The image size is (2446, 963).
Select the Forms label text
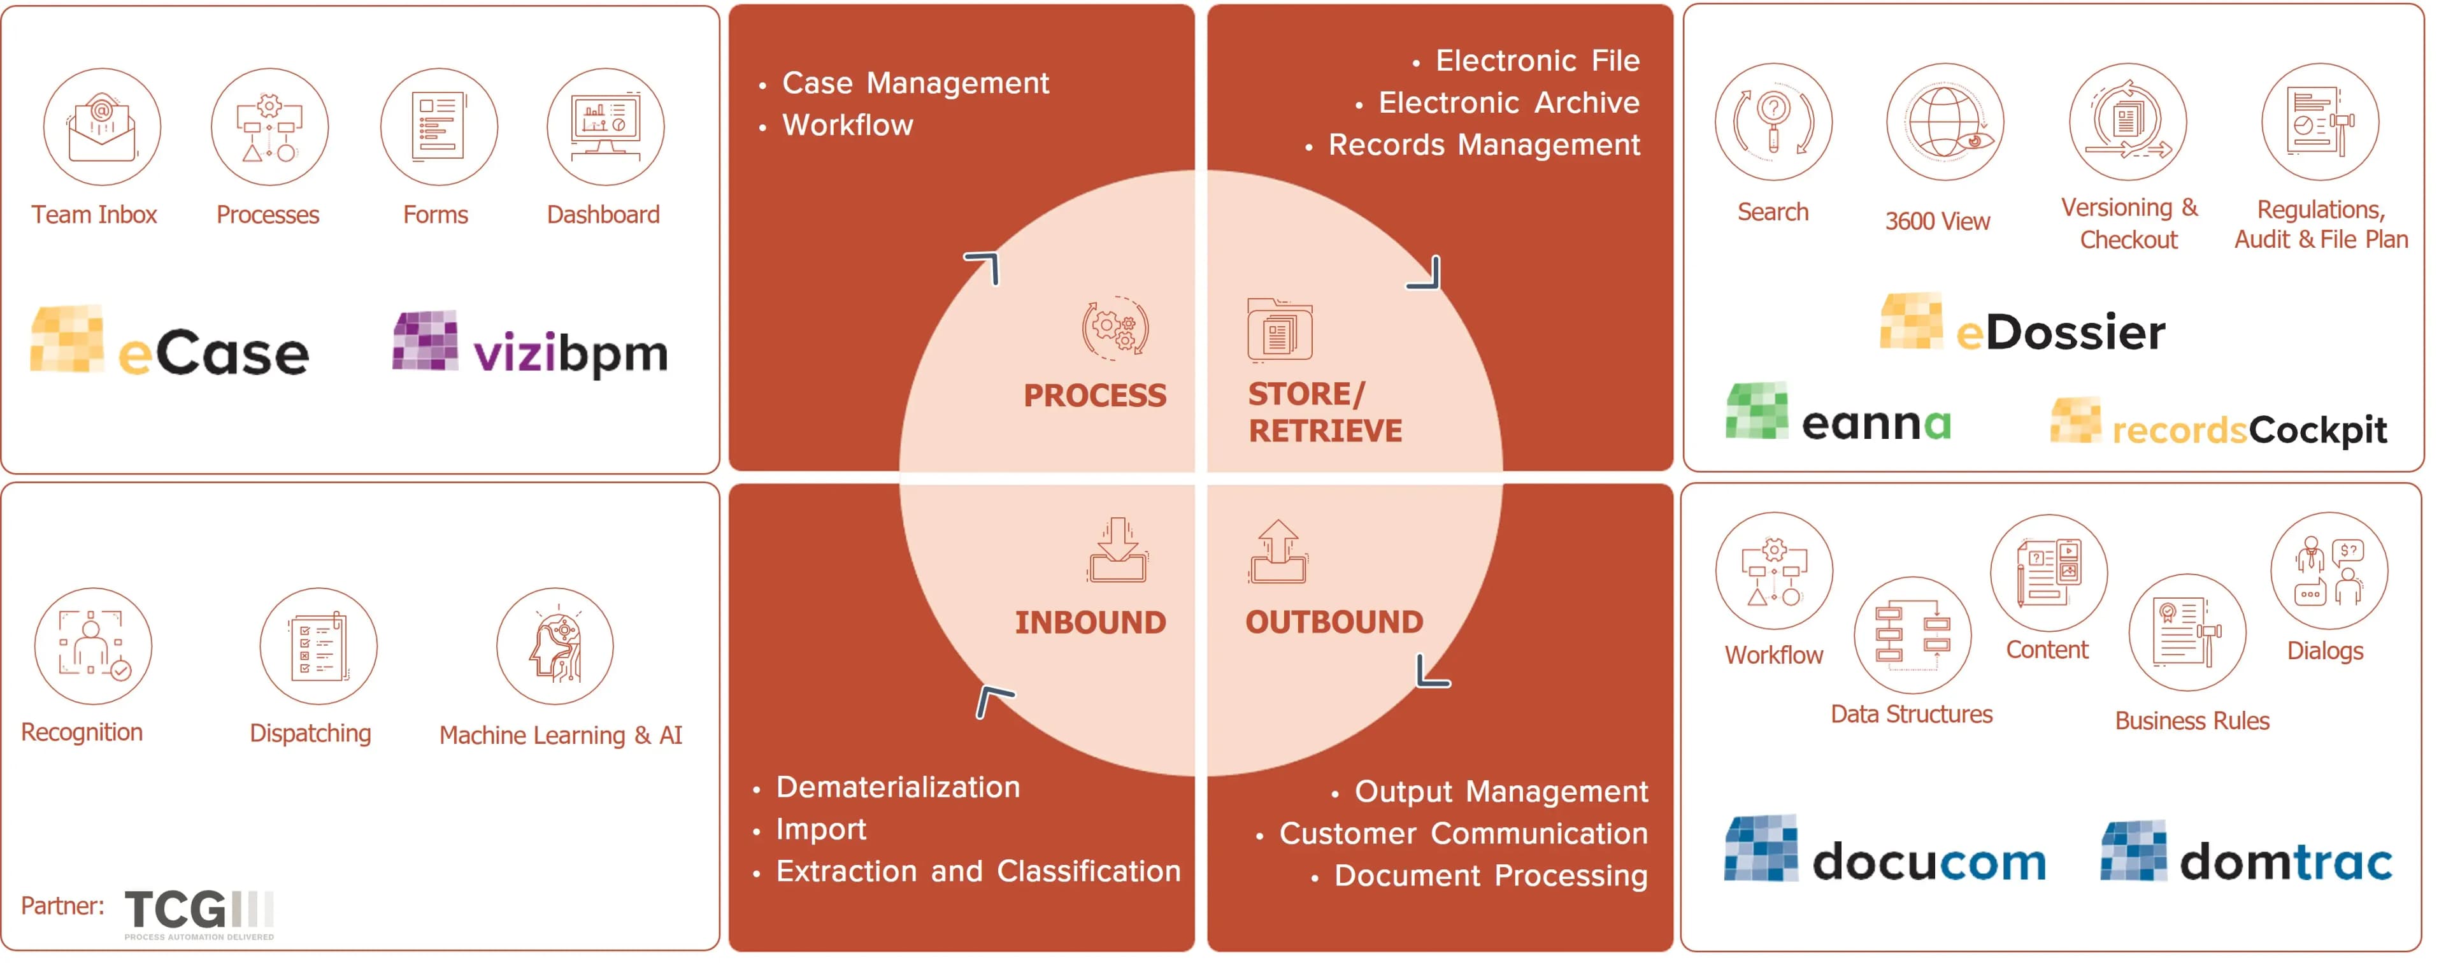pos(435,215)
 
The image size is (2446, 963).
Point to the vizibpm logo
pos(531,344)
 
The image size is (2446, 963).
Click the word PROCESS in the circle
pos(1095,395)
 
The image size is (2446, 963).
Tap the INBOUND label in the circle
pos(1090,622)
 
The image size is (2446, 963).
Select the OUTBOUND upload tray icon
pos(1278,551)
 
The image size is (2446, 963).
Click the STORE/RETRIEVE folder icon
pos(1280,329)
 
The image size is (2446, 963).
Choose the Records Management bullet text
pos(1483,145)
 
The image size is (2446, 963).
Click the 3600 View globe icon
pos(1945,122)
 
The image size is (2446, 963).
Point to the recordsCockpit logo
pos(2218,424)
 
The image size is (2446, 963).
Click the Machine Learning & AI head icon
pos(555,646)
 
